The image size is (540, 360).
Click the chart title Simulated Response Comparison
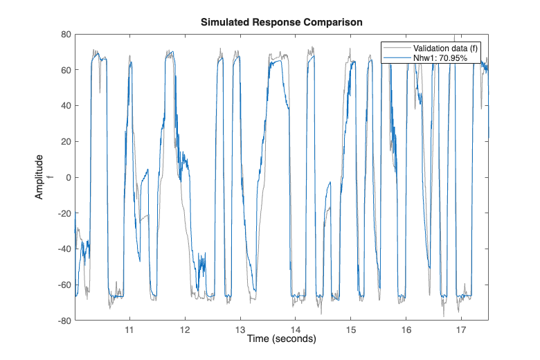(281, 22)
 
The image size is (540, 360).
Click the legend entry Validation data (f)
(446, 48)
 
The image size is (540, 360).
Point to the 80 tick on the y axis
(66, 34)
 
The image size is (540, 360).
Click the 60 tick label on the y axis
(66, 70)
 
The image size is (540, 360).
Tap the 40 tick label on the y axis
(66, 106)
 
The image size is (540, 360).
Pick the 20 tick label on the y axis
(66, 142)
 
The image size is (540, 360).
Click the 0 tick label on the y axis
(68, 177)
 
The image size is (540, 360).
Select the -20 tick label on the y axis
(64, 213)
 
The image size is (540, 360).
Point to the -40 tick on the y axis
(64, 249)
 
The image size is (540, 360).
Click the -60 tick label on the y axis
(64, 285)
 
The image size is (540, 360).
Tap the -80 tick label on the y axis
(64, 321)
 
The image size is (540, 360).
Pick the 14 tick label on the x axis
(296, 330)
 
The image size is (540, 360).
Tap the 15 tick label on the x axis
(350, 330)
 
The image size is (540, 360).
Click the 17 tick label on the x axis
(461, 330)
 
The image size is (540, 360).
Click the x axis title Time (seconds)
(281, 339)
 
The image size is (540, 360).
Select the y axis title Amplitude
(39, 177)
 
